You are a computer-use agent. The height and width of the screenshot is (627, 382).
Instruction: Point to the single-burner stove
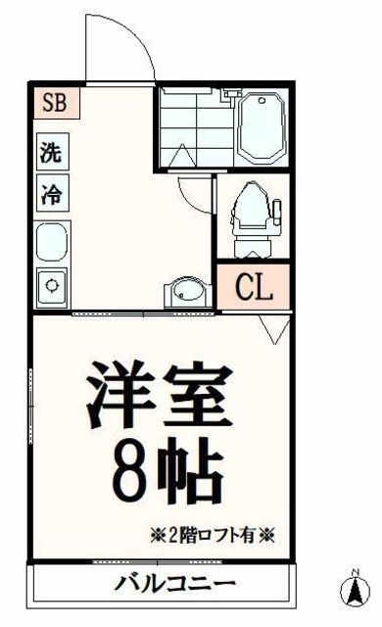[52, 286]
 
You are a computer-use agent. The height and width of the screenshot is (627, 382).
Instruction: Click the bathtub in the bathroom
[260, 127]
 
